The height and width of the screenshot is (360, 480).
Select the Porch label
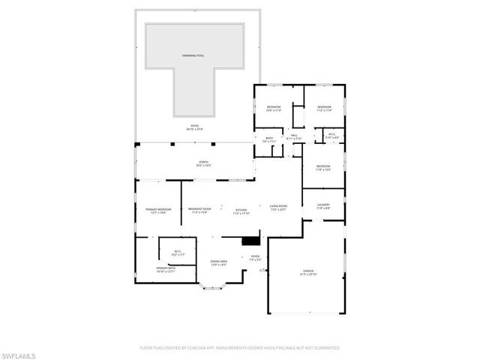coord(203,163)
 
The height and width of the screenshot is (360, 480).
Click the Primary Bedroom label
coord(158,211)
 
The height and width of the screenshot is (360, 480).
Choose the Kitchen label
coord(241,211)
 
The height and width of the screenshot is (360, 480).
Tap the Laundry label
coord(323,205)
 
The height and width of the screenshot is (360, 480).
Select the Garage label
coord(308,273)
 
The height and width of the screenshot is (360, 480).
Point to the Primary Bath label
coord(166,268)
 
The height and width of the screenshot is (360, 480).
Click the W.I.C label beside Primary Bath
coord(178,252)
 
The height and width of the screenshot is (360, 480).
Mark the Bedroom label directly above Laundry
coord(323,167)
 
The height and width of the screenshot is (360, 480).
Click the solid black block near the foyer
coord(250,241)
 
